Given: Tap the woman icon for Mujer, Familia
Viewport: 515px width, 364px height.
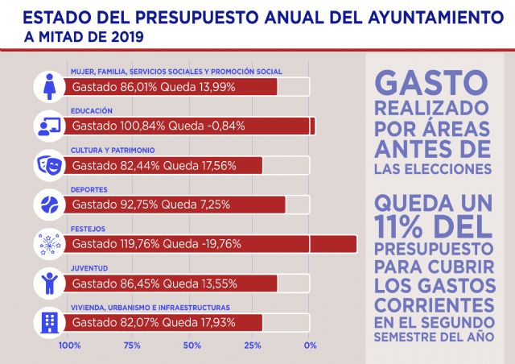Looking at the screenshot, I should [x=50, y=86].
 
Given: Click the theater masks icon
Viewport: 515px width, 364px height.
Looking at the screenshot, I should [x=50, y=165].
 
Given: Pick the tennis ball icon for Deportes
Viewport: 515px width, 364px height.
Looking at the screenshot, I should [x=50, y=205].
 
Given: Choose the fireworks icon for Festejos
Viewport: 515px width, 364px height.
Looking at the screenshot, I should [x=50, y=244].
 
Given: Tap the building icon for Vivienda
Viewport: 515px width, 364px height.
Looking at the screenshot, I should [x=50, y=323].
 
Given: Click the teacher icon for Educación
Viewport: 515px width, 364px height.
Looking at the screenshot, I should [x=50, y=126].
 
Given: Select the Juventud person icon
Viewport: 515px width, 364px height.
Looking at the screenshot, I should [x=50, y=283].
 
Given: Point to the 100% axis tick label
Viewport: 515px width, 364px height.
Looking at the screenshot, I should [x=70, y=346].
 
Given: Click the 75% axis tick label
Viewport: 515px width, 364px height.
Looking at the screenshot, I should [x=131, y=346].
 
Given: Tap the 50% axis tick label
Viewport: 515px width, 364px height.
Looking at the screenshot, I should [x=192, y=346].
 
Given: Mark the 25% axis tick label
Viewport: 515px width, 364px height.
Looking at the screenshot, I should [x=252, y=346].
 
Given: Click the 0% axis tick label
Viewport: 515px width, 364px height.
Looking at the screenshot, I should [x=310, y=346].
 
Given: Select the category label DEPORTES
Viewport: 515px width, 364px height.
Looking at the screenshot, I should [x=89, y=190].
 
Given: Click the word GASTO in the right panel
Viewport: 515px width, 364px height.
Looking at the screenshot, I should [x=432, y=82].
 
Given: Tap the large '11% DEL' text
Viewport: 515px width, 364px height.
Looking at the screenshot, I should [x=432, y=226].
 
